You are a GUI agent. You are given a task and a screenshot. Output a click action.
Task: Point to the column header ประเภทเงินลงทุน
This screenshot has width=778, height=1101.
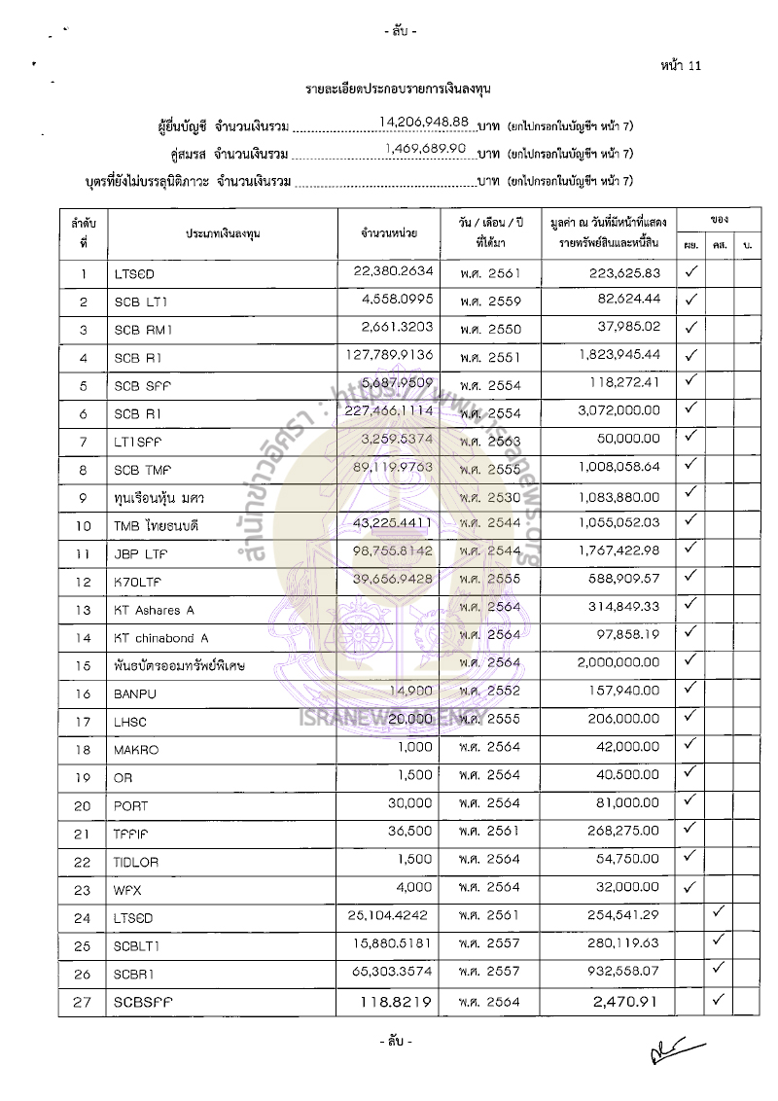(224, 233)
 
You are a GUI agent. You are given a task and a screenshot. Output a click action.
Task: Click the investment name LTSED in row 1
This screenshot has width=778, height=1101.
(134, 274)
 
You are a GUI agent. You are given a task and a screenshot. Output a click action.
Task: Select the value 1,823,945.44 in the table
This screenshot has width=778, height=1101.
(612, 355)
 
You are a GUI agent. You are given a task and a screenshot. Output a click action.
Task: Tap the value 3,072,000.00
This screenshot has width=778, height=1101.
(616, 412)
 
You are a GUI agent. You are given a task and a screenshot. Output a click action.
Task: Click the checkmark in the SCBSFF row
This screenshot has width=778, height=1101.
(719, 999)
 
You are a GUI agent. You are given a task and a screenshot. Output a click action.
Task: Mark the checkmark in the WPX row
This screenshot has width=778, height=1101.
(690, 886)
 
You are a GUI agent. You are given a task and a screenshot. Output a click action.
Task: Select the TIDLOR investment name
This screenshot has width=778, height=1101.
(137, 863)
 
